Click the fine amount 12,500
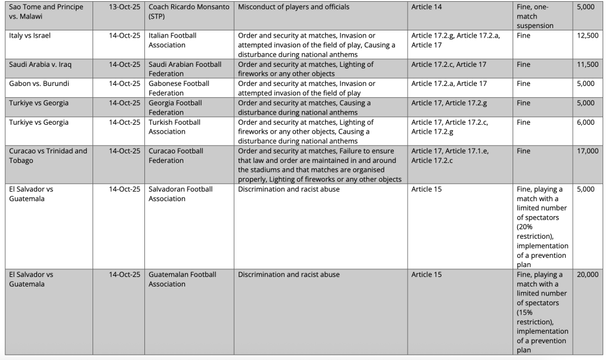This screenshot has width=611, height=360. (x=588, y=36)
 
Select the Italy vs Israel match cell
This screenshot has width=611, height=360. (x=30, y=36)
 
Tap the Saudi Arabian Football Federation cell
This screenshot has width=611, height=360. (x=185, y=69)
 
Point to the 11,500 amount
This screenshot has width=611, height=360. (x=588, y=64)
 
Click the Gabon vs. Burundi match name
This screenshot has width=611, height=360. (x=39, y=84)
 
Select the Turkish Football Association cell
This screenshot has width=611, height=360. (x=174, y=127)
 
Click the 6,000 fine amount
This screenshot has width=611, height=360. (x=586, y=122)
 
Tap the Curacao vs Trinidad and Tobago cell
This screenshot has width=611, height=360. (x=48, y=156)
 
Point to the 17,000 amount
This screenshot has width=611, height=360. (x=588, y=151)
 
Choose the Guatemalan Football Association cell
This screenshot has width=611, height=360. (x=182, y=279)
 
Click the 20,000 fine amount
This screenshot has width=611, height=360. (x=588, y=275)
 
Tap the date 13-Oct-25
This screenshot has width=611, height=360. (x=125, y=7)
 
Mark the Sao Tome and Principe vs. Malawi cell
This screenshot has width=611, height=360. (x=46, y=12)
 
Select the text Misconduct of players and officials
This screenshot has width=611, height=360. (x=294, y=7)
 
